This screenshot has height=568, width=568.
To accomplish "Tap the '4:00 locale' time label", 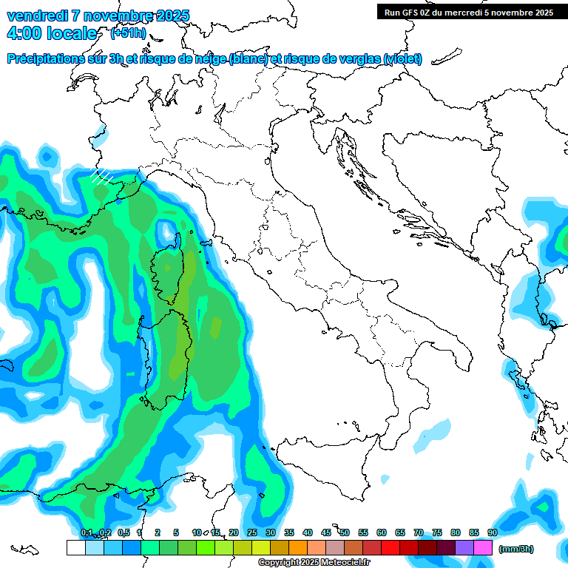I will tap(52, 33).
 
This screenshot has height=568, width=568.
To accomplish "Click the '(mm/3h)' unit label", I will tap(516, 549).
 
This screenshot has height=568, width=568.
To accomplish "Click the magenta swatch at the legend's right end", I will tap(483, 547).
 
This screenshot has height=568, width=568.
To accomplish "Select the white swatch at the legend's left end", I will tap(75, 547).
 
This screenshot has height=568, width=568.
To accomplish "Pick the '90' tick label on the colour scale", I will tap(493, 532).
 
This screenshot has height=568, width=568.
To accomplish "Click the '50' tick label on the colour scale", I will tap(345, 532).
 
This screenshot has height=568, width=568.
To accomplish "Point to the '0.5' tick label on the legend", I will tap(123, 532).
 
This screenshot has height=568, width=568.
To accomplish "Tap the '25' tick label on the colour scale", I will tap(252, 532).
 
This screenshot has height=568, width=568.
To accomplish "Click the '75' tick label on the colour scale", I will tap(437, 532).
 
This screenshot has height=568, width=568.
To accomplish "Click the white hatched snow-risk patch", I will tap(101, 176).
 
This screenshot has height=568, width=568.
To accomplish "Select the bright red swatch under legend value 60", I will tap(390, 547).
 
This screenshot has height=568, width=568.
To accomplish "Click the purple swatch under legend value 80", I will tap(464, 547).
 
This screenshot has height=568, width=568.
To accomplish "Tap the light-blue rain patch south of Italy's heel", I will tap(433, 436).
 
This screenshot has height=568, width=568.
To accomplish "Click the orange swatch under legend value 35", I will tap(298, 547).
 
